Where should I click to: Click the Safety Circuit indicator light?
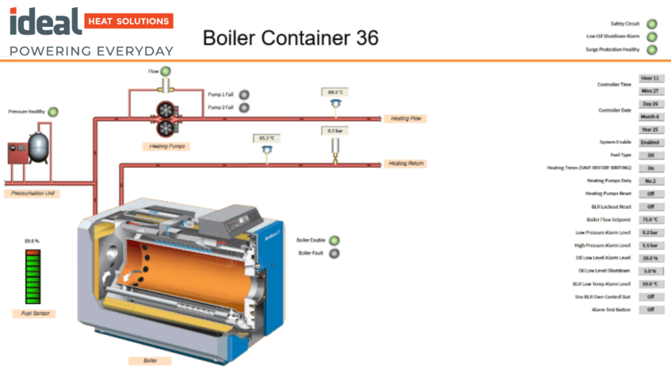(x=652, y=24)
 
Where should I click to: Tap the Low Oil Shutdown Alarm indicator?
(x=652, y=37)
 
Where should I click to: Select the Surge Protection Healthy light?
(x=652, y=50)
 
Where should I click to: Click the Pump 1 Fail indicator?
(x=244, y=95)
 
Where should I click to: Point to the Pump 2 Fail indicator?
(x=244, y=108)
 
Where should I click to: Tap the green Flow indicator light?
(x=166, y=71)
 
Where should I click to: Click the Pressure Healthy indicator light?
(x=53, y=112)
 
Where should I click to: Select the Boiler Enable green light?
(x=334, y=241)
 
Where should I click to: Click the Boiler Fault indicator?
(x=334, y=253)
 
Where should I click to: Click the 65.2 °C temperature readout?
(x=267, y=138)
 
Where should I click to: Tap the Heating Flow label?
(x=406, y=119)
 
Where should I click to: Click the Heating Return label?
(x=406, y=163)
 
